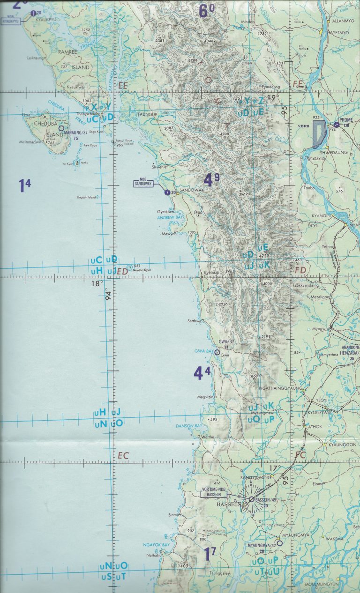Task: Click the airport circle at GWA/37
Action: (217, 352)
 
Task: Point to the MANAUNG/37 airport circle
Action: (61, 127)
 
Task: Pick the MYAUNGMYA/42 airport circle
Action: (280, 543)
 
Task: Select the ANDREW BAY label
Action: (172, 217)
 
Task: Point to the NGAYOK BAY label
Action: (156, 545)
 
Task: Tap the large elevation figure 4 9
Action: (211, 180)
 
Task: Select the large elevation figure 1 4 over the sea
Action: (24, 185)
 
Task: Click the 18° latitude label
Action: (97, 283)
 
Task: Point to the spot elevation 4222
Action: (263, 256)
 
